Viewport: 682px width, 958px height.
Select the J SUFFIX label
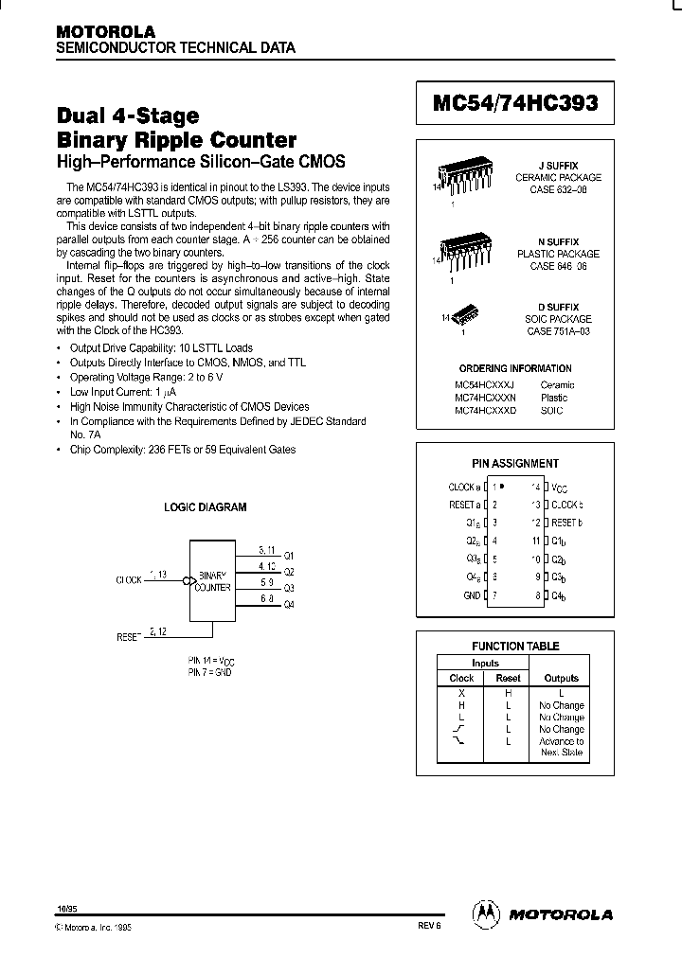pos(558,166)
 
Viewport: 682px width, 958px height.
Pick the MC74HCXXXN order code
pos(485,399)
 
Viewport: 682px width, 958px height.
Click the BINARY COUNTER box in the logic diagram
pos(213,580)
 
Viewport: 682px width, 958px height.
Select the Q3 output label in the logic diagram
pos(289,587)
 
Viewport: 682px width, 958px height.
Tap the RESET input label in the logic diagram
pos(129,637)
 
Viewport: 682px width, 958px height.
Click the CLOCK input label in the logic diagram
pos(129,579)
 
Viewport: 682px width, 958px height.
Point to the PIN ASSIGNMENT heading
pos(515,464)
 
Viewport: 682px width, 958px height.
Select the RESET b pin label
pos(566,523)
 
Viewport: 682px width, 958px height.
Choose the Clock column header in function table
pos(461,678)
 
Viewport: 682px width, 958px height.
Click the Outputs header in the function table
pos(561,678)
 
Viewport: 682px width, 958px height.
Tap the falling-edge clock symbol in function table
pos(460,741)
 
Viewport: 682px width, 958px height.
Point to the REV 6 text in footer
pos(429,929)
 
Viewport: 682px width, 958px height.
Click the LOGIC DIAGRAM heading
pos(206,507)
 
